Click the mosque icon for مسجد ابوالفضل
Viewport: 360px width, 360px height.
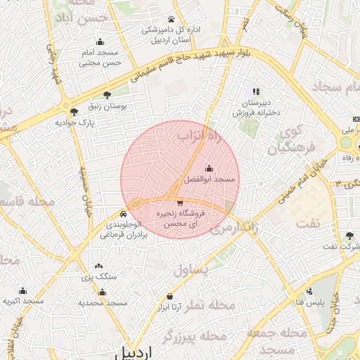click(x=209, y=169)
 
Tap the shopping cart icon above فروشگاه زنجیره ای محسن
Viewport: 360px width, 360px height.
click(x=180, y=203)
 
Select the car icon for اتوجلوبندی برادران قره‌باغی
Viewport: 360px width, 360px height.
click(x=124, y=212)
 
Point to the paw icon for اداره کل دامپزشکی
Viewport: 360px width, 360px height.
click(x=171, y=19)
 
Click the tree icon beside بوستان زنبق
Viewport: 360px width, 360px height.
click(x=107, y=94)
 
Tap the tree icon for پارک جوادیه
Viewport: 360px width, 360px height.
click(x=74, y=111)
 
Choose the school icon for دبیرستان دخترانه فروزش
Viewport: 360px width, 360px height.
click(x=256, y=91)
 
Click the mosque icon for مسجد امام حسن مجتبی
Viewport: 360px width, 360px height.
click(x=99, y=41)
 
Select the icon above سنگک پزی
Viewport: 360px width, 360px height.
click(x=98, y=266)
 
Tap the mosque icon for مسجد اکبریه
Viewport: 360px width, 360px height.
click(x=22, y=290)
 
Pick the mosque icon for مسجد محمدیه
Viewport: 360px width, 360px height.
click(x=103, y=290)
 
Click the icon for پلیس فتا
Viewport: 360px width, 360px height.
click(x=309, y=291)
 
